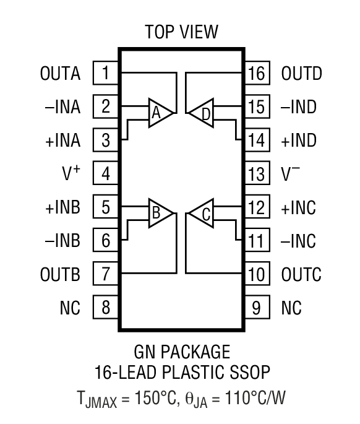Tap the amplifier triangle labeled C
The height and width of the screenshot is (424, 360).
click(202, 214)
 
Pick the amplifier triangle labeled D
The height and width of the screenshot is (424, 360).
click(202, 112)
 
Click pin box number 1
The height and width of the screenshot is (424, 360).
click(106, 74)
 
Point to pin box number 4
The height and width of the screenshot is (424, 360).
click(106, 174)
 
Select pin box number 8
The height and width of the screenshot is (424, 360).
click(106, 308)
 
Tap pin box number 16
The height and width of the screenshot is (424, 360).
click(256, 74)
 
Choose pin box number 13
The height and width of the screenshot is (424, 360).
click(256, 174)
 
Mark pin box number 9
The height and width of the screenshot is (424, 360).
click(256, 308)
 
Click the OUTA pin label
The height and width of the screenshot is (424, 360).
click(61, 74)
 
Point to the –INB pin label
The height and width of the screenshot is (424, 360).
click(61, 241)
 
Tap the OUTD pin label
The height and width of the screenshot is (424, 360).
click(302, 74)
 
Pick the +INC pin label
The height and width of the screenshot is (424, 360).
click(299, 207)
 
